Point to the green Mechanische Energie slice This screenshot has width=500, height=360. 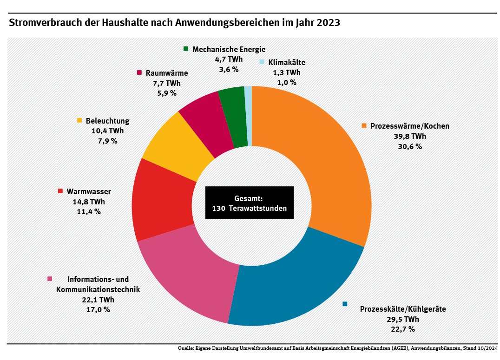click(x=233, y=116)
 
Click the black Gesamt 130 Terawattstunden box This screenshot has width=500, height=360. click(x=250, y=203)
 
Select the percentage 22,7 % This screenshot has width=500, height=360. click(x=403, y=329)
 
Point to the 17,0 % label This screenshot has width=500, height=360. click(x=98, y=309)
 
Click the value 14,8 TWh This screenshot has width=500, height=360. click(x=89, y=202)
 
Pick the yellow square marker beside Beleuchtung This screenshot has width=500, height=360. click(x=79, y=120)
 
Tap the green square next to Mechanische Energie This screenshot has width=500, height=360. click(x=186, y=48)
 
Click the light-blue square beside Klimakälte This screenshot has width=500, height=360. click(x=262, y=62)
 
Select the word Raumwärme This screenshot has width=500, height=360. click(x=167, y=73)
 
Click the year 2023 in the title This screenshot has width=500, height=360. click(x=329, y=23)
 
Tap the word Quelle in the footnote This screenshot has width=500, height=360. click(x=186, y=348)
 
